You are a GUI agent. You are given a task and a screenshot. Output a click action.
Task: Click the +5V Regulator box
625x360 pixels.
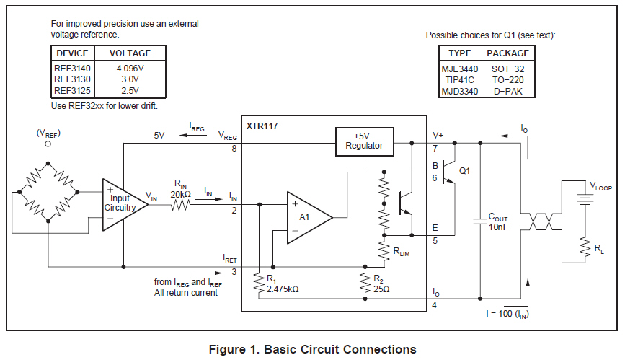pyautogui.click(x=364, y=141)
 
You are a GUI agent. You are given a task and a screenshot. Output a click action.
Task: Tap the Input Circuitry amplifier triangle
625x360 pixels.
pyautogui.click(x=123, y=204)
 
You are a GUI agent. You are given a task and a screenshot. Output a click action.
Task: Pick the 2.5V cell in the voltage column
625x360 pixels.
pyautogui.click(x=130, y=91)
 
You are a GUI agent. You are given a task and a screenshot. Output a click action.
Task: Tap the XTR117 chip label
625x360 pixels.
pyautogui.click(x=262, y=126)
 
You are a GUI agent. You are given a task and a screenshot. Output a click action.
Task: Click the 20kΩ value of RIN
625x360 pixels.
pyautogui.click(x=180, y=193)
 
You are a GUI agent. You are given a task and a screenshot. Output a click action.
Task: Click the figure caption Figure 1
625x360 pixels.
pyautogui.click(x=312, y=349)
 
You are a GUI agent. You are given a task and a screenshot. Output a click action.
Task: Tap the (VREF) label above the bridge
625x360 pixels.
pyautogui.click(x=48, y=133)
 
